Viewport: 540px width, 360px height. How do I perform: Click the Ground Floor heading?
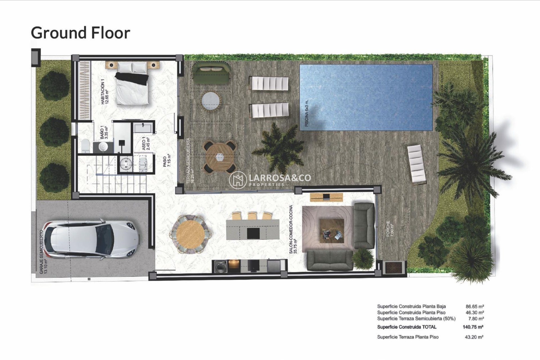click(80, 33)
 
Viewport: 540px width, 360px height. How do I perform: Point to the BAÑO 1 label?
click(104, 132)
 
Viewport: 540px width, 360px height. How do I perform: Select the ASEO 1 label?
click(146, 143)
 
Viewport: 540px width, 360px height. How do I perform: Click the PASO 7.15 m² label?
click(167, 161)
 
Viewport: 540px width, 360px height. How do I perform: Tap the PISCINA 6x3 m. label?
click(307, 113)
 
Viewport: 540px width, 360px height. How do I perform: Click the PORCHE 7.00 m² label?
click(390, 228)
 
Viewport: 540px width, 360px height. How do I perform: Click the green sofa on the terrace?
click(211, 73)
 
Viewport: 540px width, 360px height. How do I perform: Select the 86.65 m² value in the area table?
click(474, 306)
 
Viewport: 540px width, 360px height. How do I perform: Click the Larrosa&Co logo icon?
click(238, 180)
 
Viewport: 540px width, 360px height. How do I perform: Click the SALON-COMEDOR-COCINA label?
click(293, 229)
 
